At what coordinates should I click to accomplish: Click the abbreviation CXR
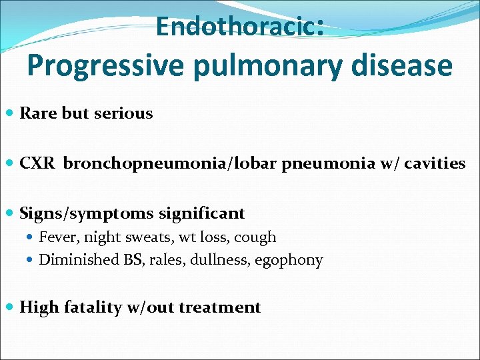click(37, 163)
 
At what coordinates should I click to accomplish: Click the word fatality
click(91, 307)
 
